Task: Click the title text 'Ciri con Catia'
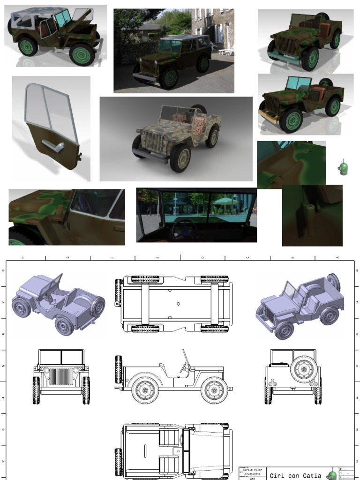coord(295,475)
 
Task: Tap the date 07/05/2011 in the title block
coord(253,474)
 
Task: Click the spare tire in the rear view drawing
coord(304,369)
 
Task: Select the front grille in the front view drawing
coord(61,376)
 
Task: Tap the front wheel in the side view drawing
coord(214,390)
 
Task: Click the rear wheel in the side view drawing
coord(145,390)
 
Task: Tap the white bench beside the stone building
coord(226,52)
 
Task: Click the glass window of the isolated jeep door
coord(46,109)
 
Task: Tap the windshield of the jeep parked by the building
coord(170,46)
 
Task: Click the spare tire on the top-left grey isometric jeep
coord(97,307)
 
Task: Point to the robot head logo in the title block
coord(332,475)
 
